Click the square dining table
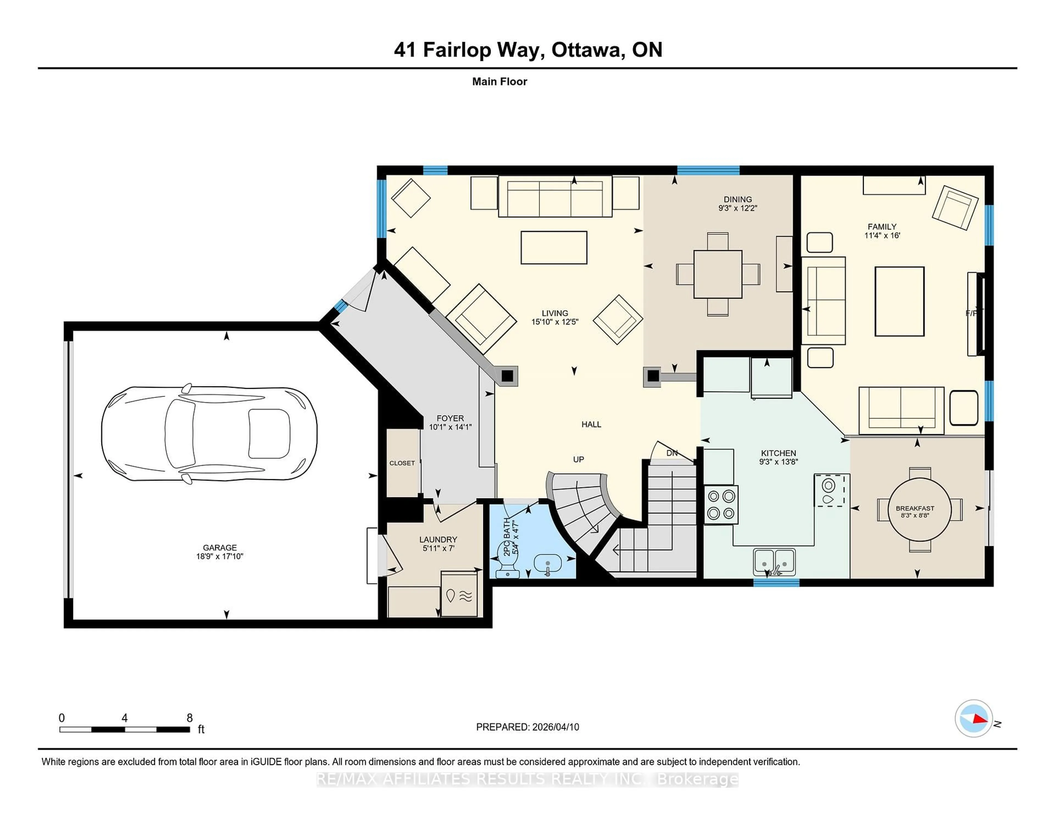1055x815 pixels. (718, 274)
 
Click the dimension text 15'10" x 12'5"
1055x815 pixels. (554, 322)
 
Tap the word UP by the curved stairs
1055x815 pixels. (578, 459)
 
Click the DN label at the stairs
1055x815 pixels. (671, 453)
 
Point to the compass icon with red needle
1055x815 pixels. (973, 718)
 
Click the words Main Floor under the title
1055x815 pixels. (499, 82)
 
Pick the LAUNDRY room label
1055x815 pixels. (438, 539)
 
